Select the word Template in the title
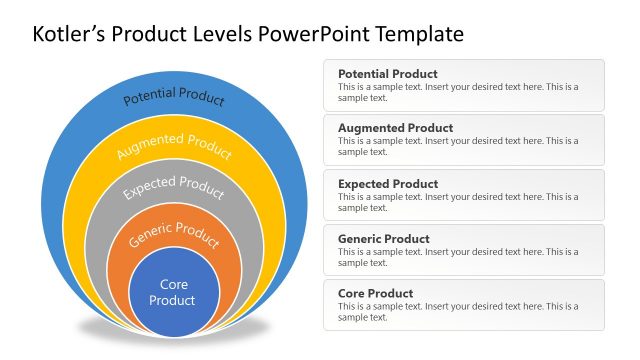pyautogui.click(x=419, y=34)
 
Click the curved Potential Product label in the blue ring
pyautogui.click(x=174, y=96)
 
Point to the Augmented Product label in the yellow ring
pyautogui.click(x=174, y=146)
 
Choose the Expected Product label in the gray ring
pyautogui.click(x=174, y=187)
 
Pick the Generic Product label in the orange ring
pyautogui.click(x=175, y=236)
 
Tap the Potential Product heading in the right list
pyautogui.click(x=388, y=74)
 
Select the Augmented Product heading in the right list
pyautogui.click(x=395, y=128)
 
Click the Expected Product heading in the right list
pyautogui.click(x=388, y=184)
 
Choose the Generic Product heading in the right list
pyautogui.click(x=384, y=239)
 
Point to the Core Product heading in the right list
pyautogui.click(x=376, y=294)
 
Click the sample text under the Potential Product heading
pyautogui.click(x=457, y=92)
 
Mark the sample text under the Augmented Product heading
pyautogui.click(x=457, y=146)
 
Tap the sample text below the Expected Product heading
pyautogui.click(x=457, y=202)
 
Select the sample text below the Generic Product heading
pyautogui.click(x=457, y=257)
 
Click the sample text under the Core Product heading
pyautogui.click(x=457, y=312)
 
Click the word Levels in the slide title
pyautogui.click(x=223, y=34)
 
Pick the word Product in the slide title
pyautogui.click(x=150, y=34)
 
